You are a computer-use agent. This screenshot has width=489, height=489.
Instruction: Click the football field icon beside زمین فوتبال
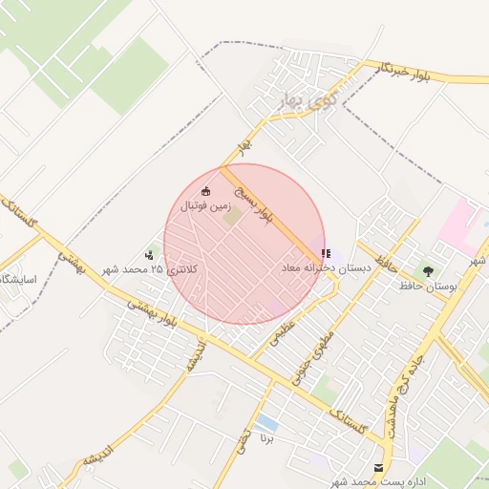(x=206, y=192)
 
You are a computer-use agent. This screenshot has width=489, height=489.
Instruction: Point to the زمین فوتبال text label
(x=208, y=204)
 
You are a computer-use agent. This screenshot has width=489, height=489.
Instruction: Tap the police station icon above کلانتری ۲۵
(x=150, y=254)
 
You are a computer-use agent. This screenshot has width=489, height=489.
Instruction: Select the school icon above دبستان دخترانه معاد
(x=326, y=254)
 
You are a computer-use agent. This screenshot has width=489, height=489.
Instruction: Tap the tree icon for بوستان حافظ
(x=427, y=270)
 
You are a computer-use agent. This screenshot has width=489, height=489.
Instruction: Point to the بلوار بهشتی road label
(x=154, y=310)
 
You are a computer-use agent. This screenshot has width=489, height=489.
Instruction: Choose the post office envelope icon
(x=379, y=468)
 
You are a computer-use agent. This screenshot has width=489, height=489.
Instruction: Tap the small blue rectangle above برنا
(x=267, y=422)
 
